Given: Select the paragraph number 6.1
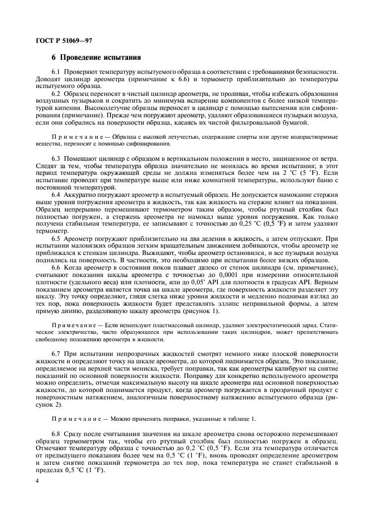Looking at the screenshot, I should click(57, 72).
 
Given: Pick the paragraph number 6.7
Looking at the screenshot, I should click(57, 353).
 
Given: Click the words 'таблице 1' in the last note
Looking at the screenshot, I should click(238, 417).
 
